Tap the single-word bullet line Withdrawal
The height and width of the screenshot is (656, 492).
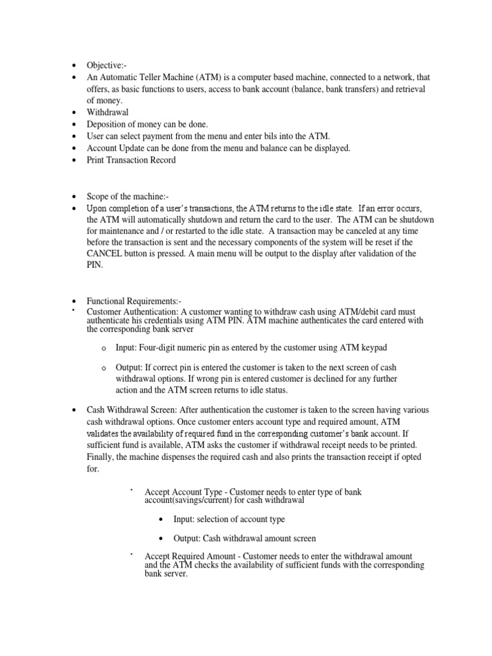[108, 113]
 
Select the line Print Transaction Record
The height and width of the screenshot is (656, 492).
[131, 160]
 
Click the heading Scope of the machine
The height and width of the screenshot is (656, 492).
[127, 196]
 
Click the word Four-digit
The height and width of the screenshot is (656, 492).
[163, 347]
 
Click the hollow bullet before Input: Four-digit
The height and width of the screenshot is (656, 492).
[103, 348]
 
